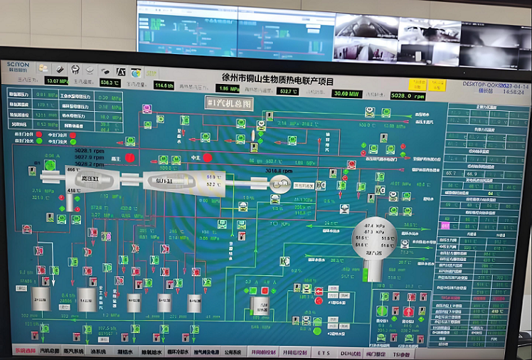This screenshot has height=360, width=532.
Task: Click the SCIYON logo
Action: [x=18, y=67]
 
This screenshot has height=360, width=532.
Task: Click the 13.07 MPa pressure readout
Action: [x=58, y=81]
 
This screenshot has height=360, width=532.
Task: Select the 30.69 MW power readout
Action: [x=349, y=93]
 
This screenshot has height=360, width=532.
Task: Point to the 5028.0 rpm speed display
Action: [x=408, y=95]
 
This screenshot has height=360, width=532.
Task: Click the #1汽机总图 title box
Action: [x=230, y=103]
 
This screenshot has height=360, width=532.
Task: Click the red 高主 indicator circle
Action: [x=130, y=157]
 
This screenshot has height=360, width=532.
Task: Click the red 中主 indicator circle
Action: [x=207, y=157]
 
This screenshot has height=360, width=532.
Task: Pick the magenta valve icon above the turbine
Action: [x=147, y=109]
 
